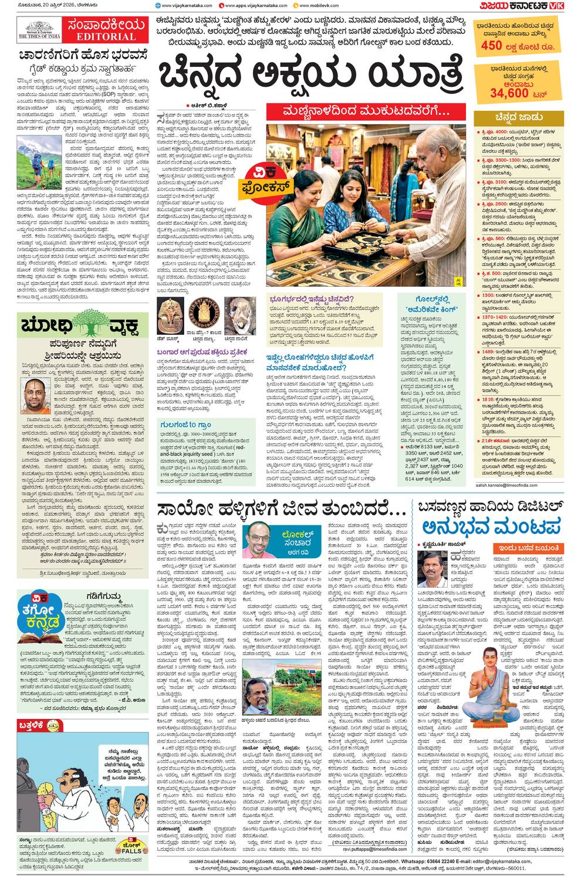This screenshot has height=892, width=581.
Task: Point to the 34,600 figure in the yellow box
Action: (509, 93)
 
